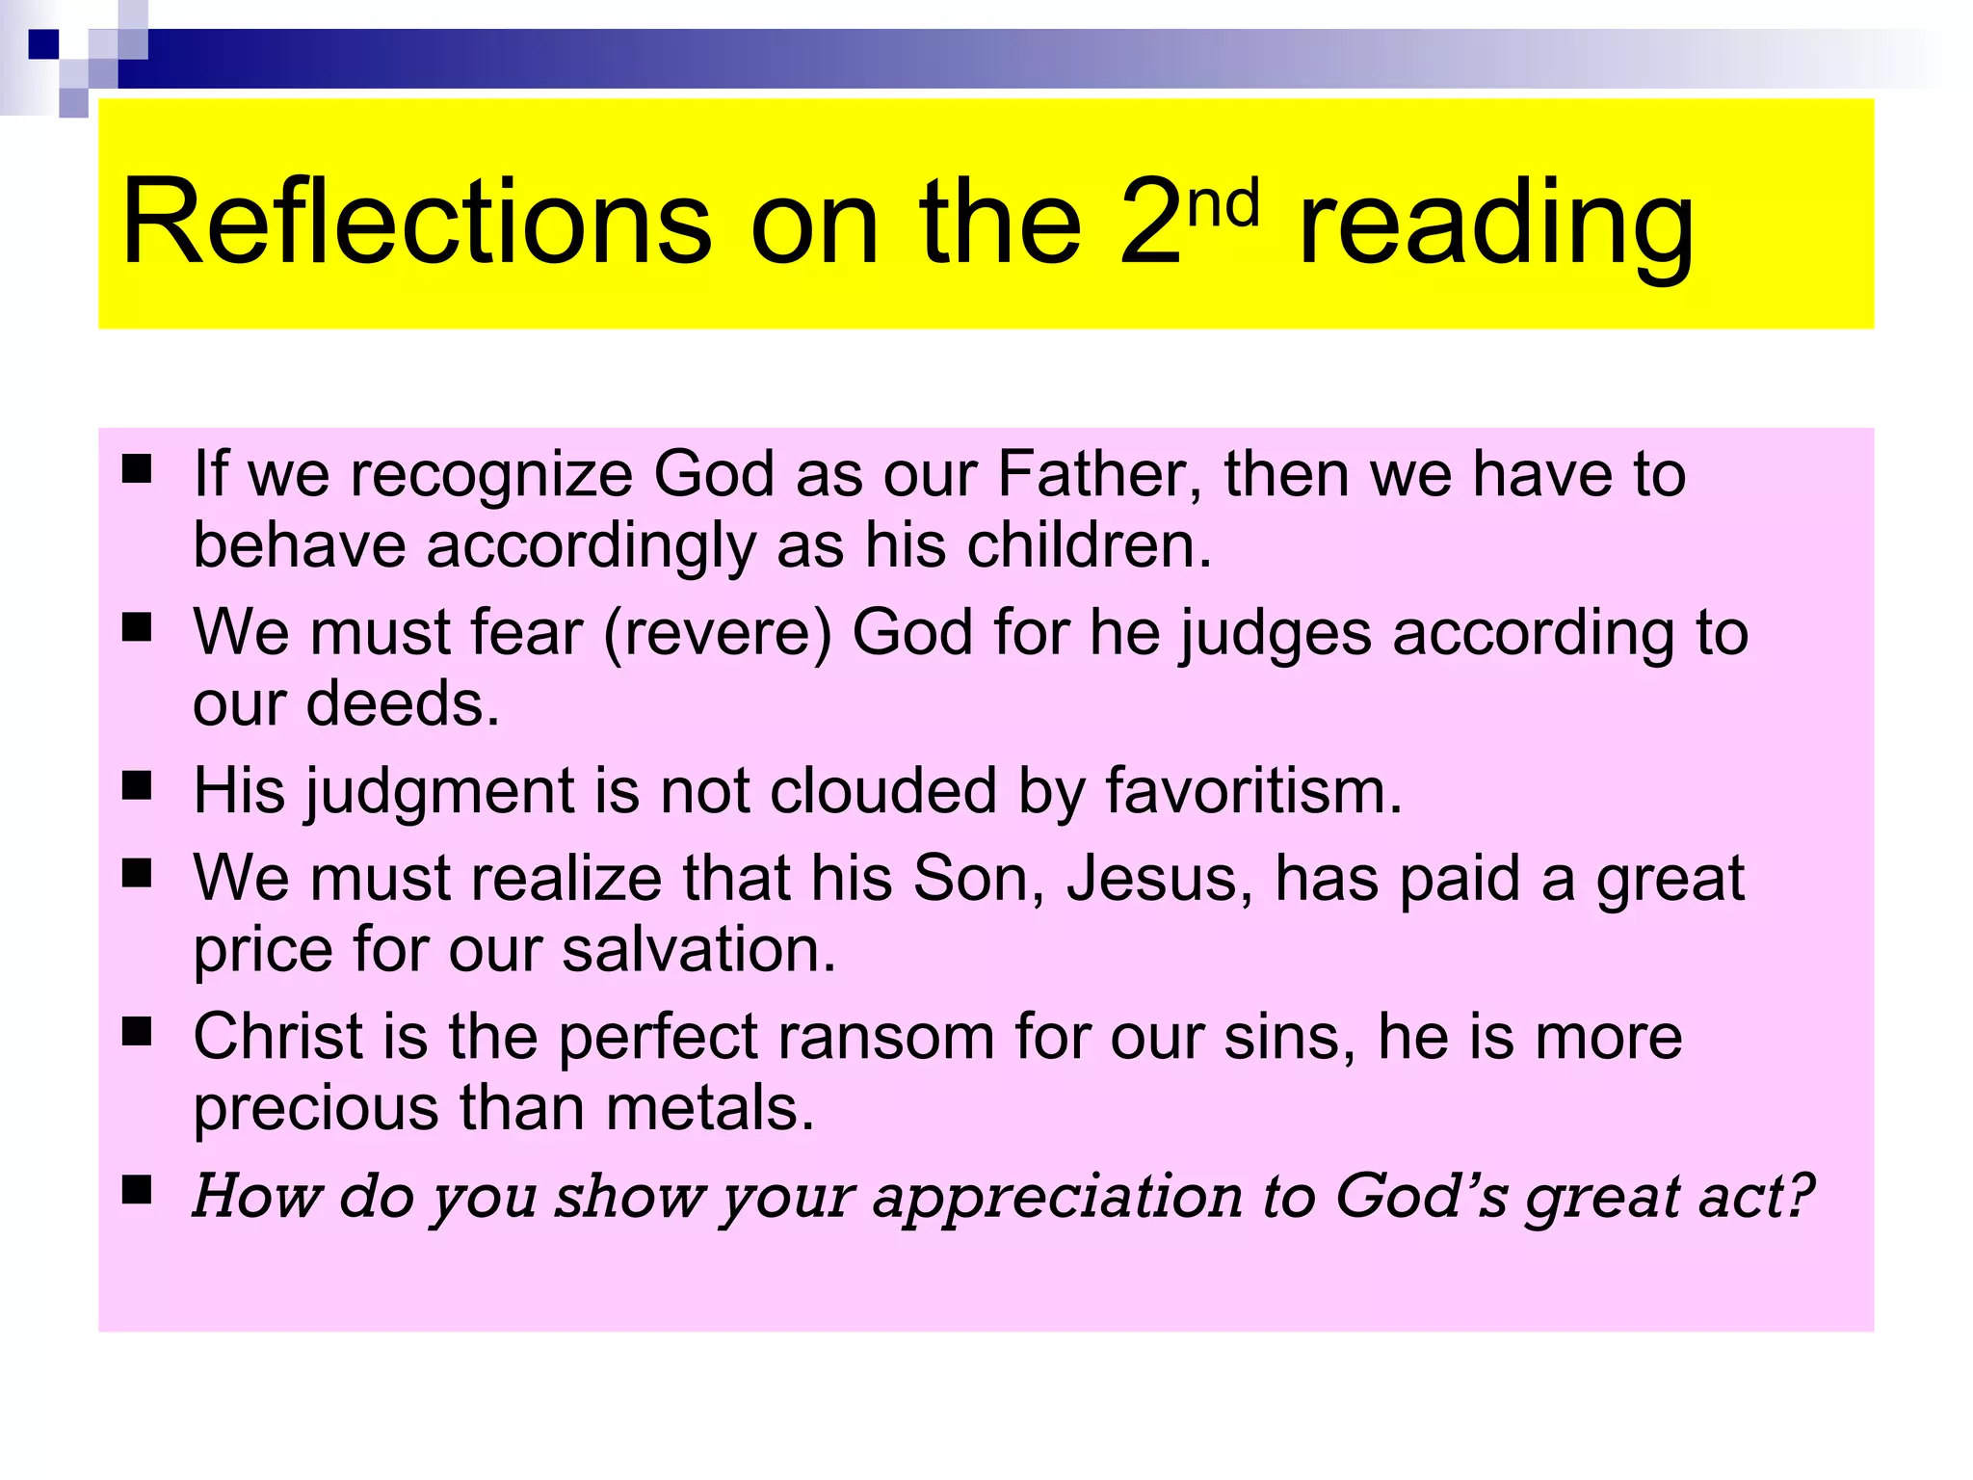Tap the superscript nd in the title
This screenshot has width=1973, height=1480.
point(1223,204)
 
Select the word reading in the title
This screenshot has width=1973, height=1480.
point(1495,227)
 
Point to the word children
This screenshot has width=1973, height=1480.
point(1089,545)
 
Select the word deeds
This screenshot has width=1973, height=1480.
point(403,703)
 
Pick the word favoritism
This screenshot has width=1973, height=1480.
point(1252,792)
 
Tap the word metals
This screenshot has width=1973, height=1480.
point(710,1108)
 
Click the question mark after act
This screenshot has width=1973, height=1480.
point(1799,1195)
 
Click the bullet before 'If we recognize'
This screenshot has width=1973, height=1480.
point(138,469)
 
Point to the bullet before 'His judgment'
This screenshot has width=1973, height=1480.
point(138,786)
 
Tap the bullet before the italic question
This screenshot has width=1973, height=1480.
point(138,1191)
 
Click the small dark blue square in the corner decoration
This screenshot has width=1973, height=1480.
point(43,44)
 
